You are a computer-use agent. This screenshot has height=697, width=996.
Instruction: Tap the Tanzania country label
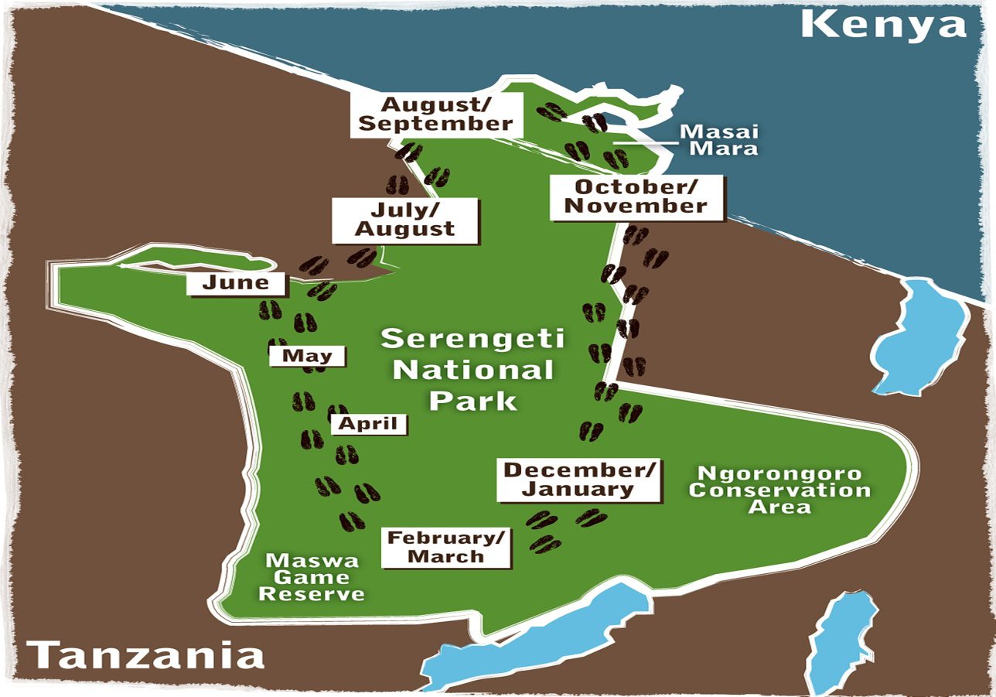click(x=146, y=655)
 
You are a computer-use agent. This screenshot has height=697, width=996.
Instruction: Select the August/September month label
click(x=437, y=114)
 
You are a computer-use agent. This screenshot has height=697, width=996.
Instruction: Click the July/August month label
click(x=404, y=220)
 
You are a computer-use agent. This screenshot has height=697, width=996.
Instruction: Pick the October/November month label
click(x=636, y=196)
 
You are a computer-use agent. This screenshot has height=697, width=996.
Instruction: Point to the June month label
click(x=236, y=283)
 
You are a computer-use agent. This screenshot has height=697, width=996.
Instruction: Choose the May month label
click(x=307, y=356)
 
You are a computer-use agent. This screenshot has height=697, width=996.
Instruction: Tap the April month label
click(x=368, y=423)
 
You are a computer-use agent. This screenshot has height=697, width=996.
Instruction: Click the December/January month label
click(x=579, y=480)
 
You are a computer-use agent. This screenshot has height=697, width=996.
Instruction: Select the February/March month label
click(x=446, y=547)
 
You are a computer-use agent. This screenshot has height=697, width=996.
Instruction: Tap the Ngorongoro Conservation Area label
click(x=779, y=490)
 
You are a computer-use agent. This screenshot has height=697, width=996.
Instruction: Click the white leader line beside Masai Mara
click(x=645, y=142)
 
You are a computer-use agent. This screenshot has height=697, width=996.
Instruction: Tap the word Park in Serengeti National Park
click(x=473, y=401)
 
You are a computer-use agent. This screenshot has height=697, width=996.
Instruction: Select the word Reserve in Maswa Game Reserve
click(x=312, y=594)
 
